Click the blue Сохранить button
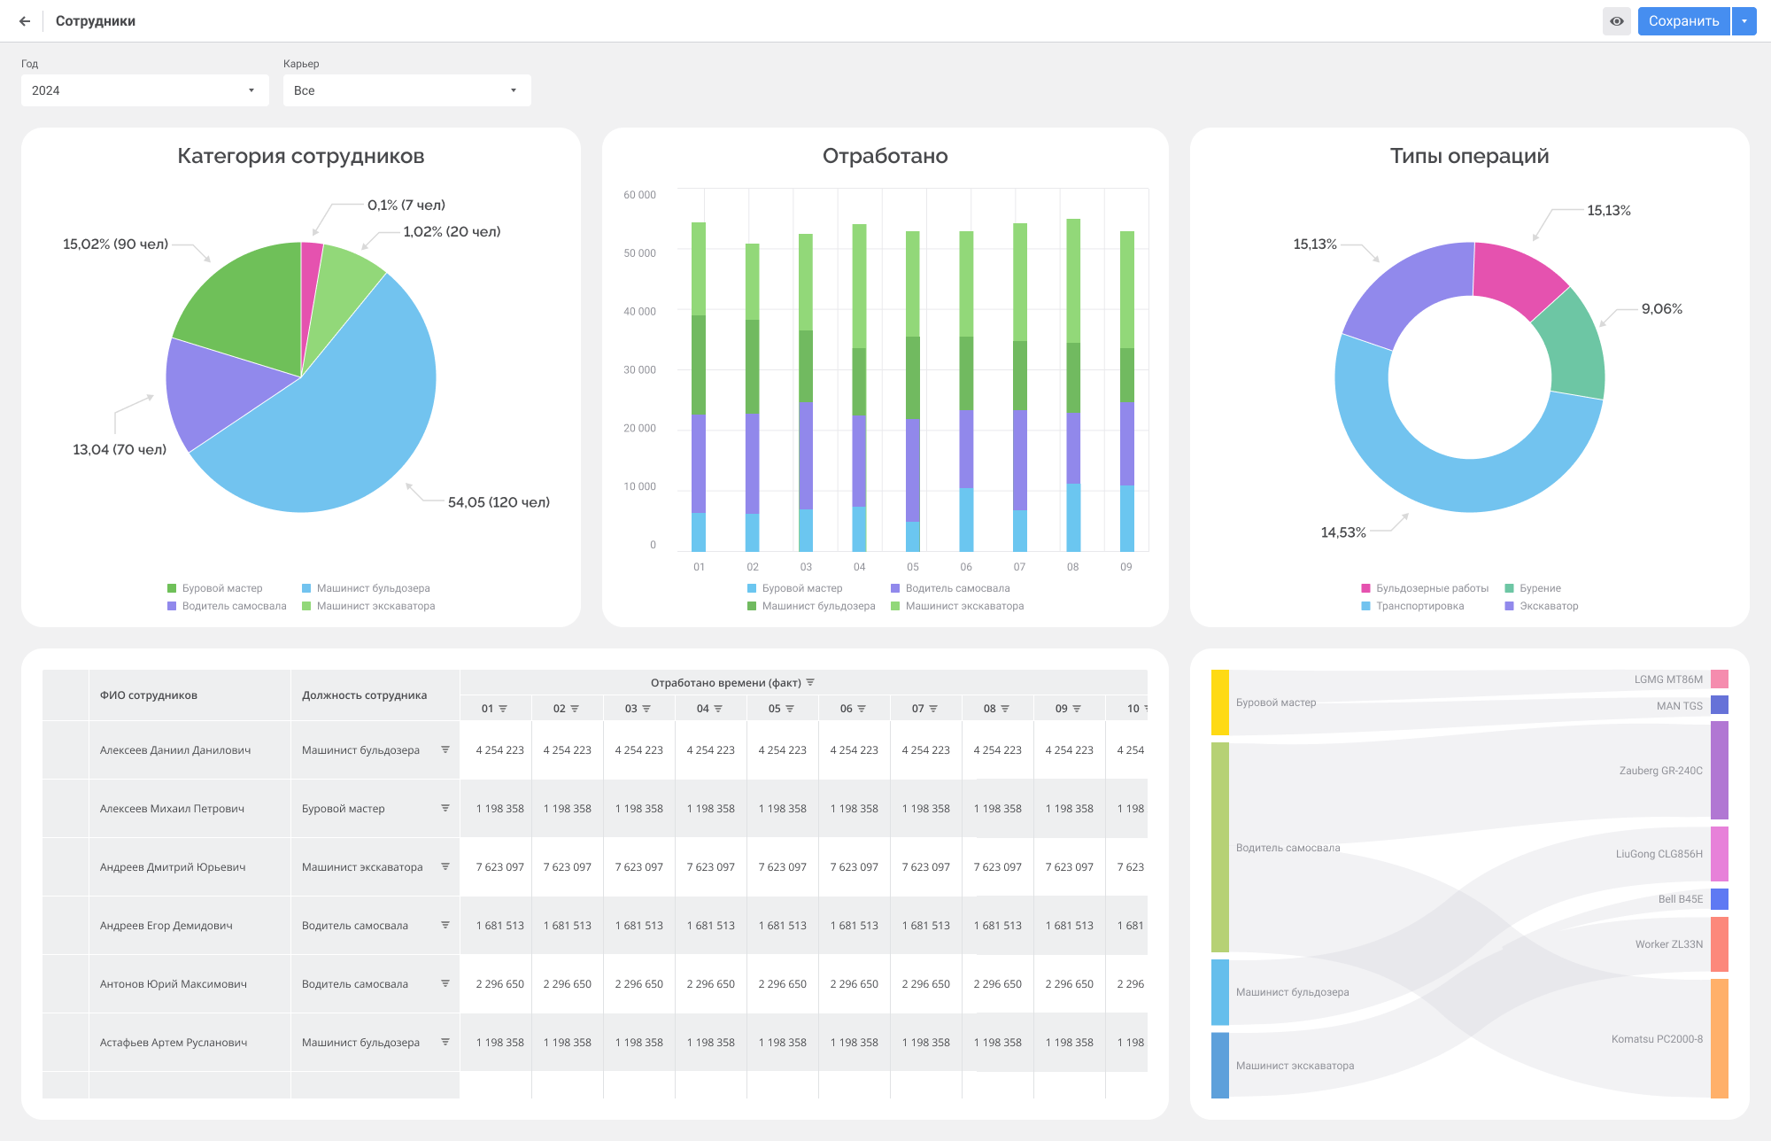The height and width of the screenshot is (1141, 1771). tap(1682, 21)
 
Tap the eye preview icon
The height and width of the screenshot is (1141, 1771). tap(1616, 21)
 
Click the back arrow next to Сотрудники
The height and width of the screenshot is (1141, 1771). tap(25, 21)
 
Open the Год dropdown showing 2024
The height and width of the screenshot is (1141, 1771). tap(144, 90)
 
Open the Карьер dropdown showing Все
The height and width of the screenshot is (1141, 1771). tap(406, 90)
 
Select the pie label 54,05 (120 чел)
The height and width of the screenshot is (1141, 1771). tap(499, 502)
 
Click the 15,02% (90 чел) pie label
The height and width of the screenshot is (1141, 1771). tap(115, 244)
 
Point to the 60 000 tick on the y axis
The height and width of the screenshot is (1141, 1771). tap(639, 195)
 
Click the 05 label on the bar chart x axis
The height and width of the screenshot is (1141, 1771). tap(913, 567)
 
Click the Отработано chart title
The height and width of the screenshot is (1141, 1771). tap(885, 156)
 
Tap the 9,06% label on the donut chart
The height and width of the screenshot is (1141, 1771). tap(1661, 309)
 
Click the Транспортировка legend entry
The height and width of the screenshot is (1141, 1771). tap(1419, 606)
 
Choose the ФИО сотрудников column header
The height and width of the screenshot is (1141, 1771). tap(149, 695)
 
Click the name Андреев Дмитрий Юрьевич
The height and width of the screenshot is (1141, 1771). tap(173, 867)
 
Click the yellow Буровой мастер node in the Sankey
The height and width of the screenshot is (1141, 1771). tap(1220, 702)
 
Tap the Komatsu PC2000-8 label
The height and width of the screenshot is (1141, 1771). tap(1656, 1039)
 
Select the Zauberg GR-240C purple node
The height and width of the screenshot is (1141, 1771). tap(1719, 770)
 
